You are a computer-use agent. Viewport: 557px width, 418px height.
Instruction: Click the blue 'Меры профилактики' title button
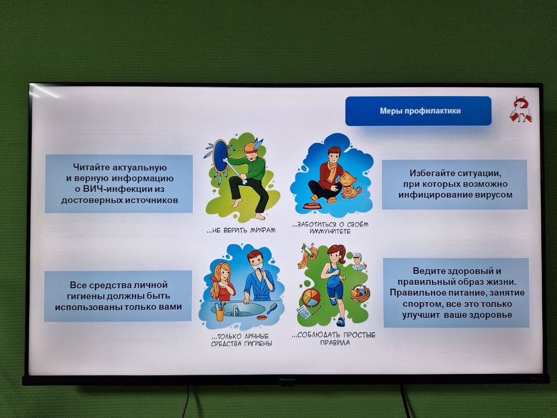tap(418, 111)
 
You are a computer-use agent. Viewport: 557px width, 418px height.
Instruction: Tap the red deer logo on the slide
tap(520, 109)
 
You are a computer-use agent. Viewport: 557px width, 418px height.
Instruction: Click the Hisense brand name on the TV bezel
tap(287, 379)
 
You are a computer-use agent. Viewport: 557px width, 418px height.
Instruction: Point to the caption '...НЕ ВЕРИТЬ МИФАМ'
tap(241, 230)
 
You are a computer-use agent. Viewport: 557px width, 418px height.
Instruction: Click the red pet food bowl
tap(312, 206)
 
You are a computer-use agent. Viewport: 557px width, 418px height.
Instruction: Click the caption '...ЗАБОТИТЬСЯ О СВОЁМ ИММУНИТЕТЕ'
tap(330, 228)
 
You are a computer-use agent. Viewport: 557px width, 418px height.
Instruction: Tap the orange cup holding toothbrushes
tap(220, 314)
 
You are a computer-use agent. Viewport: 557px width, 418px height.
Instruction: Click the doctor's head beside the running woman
tap(358, 260)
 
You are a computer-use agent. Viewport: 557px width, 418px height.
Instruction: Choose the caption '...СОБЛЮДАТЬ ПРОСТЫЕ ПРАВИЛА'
tap(334, 339)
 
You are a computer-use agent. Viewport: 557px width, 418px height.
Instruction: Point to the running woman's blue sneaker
tap(341, 322)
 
